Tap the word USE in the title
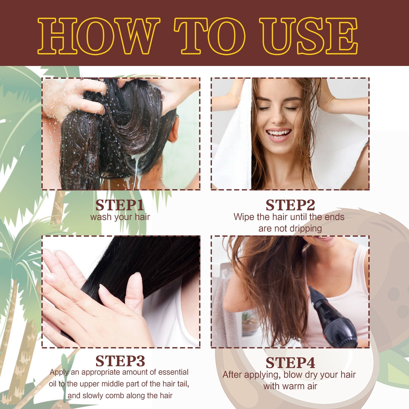click(308, 36)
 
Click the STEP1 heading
click(120, 205)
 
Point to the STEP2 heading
click(290, 205)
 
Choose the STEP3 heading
click(120, 361)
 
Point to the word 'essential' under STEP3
click(173, 372)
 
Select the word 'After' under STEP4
click(232, 375)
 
